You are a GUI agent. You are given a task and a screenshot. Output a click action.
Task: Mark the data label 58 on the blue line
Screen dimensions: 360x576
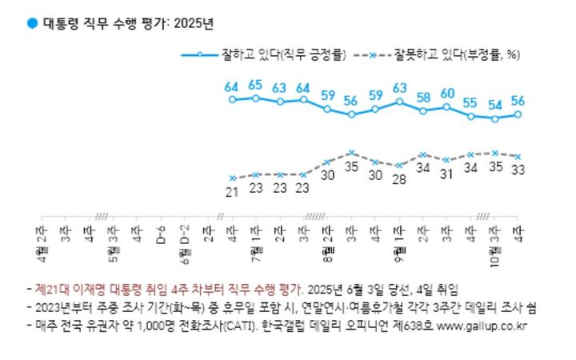pos(423,97)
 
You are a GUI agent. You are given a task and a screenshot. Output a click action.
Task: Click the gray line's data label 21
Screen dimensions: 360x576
pos(232,191)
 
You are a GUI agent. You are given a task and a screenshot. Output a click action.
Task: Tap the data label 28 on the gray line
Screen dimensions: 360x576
pos(399,178)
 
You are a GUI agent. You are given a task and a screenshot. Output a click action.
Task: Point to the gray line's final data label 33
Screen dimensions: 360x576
pos(518,170)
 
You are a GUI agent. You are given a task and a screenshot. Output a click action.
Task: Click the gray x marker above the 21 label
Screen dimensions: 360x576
pos(232,178)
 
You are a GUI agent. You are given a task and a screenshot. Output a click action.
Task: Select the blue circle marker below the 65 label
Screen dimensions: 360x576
pos(255,98)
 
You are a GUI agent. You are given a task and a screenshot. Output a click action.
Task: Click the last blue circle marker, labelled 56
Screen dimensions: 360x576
pos(518,114)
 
